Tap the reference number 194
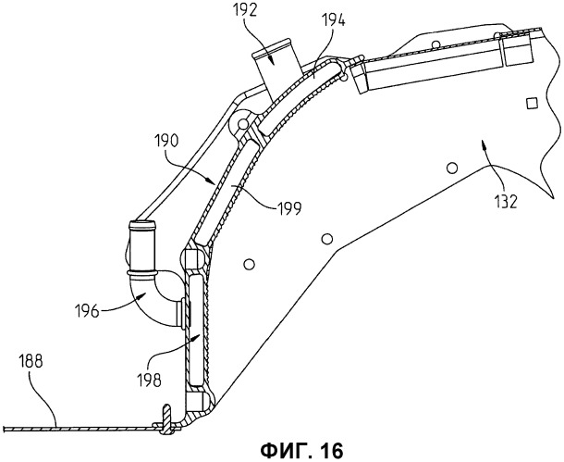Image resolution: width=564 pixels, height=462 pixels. coord(332,21)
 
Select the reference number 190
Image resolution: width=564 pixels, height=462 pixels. coord(166,141)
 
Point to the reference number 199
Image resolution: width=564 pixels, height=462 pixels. coord(289,208)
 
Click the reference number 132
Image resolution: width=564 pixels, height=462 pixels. coord(505,202)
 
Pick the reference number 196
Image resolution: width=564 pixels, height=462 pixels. coord(88,311)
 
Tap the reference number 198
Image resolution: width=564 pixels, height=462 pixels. coord(149,380)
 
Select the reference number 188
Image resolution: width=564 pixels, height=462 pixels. coord(31,361)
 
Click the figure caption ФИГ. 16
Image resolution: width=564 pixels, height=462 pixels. coord(302,450)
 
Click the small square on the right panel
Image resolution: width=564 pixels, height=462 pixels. coord(531,104)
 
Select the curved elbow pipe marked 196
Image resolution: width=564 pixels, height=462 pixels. coord(154,297)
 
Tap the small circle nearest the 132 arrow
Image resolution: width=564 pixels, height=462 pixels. coord(452,168)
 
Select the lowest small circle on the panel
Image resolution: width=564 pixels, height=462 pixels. coord(249,265)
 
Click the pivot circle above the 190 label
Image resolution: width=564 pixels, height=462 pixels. coord(243,124)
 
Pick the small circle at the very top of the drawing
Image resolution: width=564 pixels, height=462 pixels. coord(435,44)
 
